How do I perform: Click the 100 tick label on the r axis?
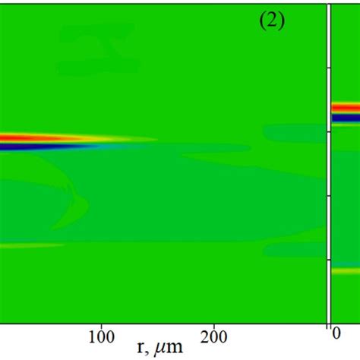(100, 335)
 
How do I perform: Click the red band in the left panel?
(30, 137)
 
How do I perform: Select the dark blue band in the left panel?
(23, 147)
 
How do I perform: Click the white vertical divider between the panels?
(329, 152)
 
